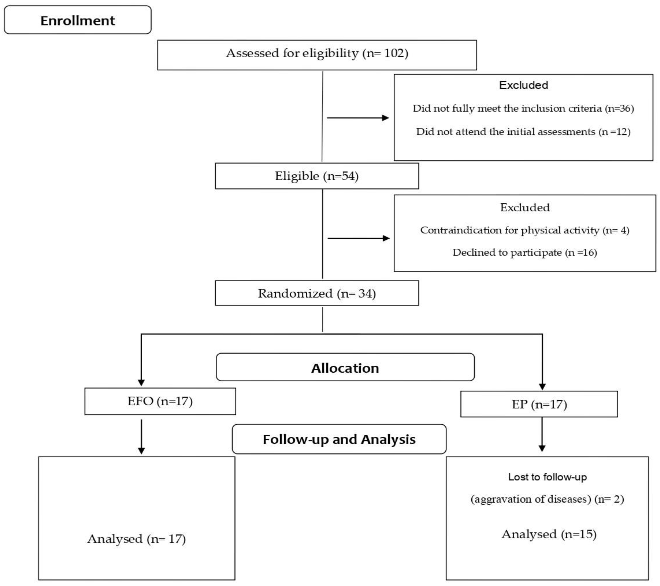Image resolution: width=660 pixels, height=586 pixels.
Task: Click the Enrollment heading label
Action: pos(77,21)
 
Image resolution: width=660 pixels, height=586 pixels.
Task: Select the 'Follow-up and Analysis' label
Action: pos(339,439)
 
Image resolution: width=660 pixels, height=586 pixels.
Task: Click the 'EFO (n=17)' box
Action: pos(160,401)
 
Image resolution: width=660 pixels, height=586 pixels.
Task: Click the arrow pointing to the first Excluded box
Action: pos(358,118)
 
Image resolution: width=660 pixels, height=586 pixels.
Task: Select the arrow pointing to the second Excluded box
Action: pos(358,238)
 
